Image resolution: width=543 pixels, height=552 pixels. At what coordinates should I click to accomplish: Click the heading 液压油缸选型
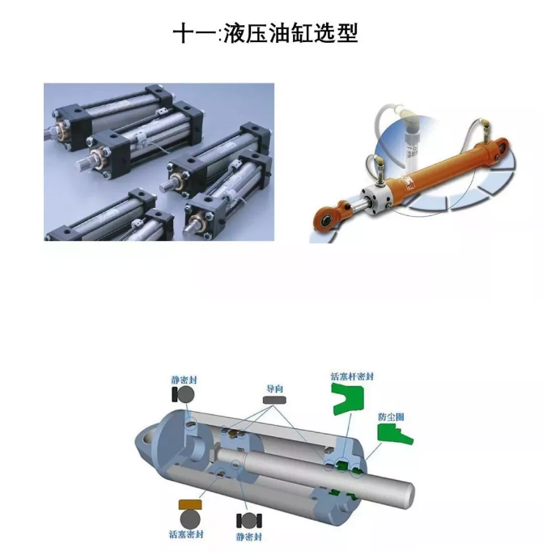291,33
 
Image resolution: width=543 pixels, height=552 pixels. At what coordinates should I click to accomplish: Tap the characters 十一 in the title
195,34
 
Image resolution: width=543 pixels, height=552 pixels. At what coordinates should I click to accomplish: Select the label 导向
274,389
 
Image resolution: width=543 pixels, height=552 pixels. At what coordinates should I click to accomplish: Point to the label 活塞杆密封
352,376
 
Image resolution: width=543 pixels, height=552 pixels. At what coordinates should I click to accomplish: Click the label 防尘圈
391,417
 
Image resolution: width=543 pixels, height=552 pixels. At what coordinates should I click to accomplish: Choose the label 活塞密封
186,534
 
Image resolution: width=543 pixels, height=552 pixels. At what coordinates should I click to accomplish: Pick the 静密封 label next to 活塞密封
249,537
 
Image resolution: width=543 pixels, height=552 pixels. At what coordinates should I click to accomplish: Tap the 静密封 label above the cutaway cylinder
184,380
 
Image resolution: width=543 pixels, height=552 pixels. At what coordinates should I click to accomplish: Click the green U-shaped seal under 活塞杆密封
347,397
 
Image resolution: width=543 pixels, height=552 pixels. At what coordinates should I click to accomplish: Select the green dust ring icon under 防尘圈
394,434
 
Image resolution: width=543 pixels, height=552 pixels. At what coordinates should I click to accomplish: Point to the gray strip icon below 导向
274,400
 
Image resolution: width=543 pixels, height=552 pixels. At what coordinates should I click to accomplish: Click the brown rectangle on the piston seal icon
190,504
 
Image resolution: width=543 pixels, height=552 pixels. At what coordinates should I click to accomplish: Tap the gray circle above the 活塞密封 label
190,519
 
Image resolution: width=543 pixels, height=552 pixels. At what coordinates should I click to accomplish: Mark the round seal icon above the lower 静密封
249,520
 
